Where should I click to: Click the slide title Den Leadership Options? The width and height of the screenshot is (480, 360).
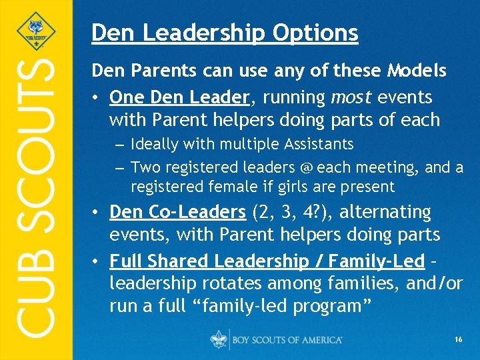(x=225, y=32)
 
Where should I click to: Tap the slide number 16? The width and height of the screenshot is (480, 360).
(x=459, y=340)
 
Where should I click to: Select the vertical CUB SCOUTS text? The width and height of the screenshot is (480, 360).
(x=36, y=197)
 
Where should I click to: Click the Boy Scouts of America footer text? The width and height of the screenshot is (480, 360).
(x=287, y=340)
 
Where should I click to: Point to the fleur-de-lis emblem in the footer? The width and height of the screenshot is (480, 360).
(x=219, y=339)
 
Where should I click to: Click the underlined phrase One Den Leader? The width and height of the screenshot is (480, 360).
(x=179, y=97)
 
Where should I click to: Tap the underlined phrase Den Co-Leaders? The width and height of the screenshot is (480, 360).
(x=178, y=212)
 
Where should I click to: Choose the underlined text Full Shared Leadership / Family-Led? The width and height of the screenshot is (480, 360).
(x=267, y=260)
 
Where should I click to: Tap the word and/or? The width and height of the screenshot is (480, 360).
(x=429, y=283)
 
